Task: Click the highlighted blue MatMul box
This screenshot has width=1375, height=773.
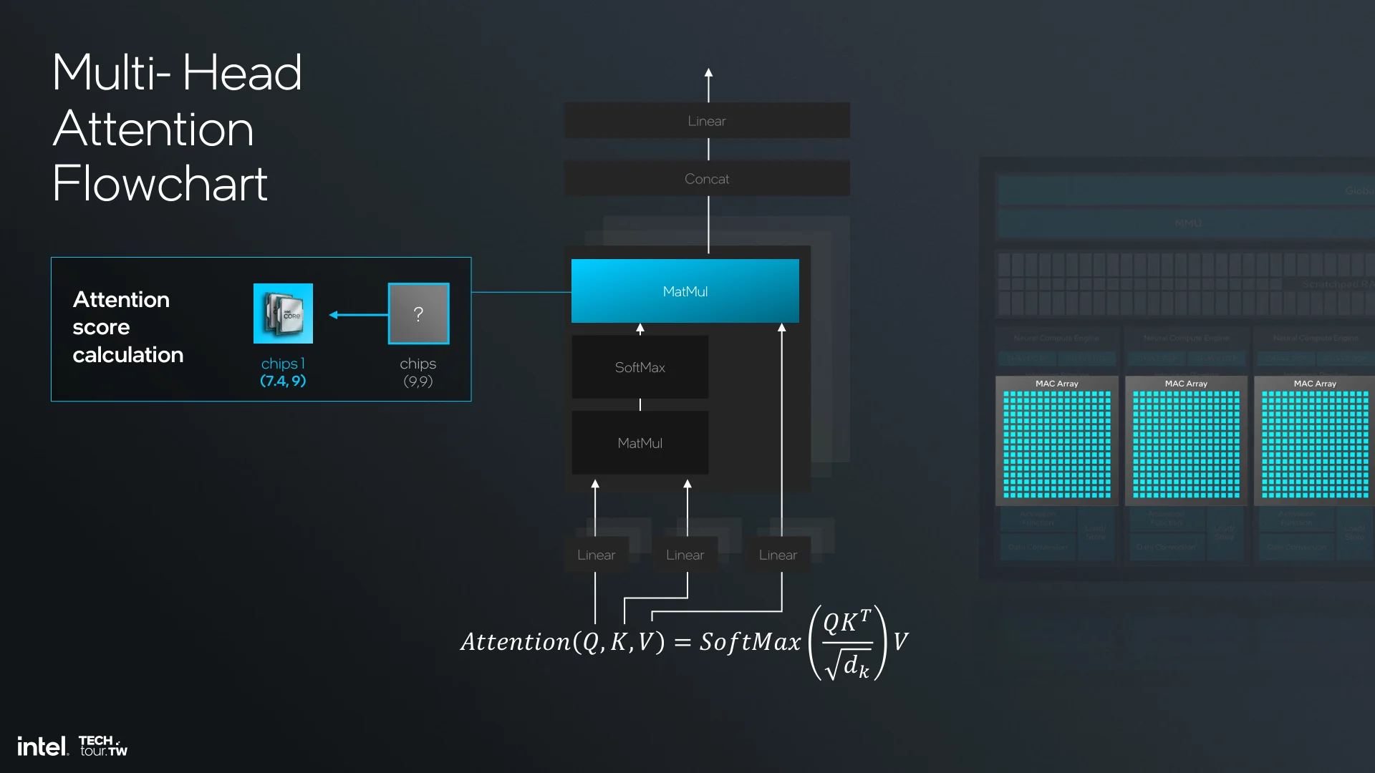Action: (x=685, y=291)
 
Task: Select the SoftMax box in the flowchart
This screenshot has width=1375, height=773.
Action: (x=640, y=367)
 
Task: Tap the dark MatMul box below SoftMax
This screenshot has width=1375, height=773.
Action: (x=640, y=443)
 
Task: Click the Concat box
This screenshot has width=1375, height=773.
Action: (x=707, y=179)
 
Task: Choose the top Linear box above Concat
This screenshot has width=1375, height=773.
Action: (x=707, y=121)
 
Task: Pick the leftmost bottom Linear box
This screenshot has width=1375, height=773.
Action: (x=596, y=555)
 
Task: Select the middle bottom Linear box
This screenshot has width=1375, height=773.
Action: (x=685, y=555)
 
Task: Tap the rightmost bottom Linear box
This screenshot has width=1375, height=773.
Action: (x=778, y=555)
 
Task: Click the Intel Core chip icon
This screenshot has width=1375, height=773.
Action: (x=283, y=313)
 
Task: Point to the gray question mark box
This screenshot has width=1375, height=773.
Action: (x=418, y=313)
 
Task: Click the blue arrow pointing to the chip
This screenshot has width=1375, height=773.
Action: (x=357, y=314)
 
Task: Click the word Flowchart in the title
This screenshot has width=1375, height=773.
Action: (x=160, y=184)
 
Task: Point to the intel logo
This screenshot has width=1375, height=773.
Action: (x=42, y=747)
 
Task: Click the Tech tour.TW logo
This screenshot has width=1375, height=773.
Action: (x=103, y=746)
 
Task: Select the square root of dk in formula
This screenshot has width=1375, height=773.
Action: (x=848, y=665)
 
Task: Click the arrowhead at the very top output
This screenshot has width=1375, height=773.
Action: (x=708, y=73)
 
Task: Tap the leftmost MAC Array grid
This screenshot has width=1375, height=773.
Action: (x=1056, y=444)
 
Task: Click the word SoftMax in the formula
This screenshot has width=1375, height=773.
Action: (x=750, y=642)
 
